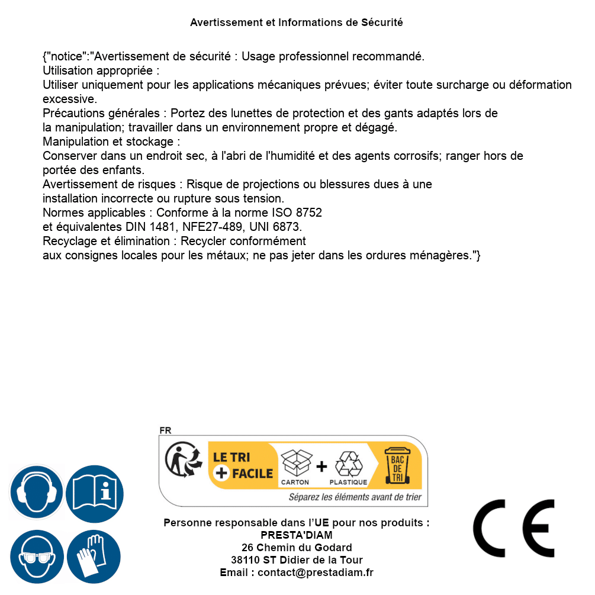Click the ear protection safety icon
[36, 493]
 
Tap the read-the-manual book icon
[95, 493]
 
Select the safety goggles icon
[36, 557]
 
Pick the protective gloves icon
[95, 557]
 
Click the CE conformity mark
[514, 528]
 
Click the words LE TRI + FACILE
[242, 465]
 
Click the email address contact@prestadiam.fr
[316, 573]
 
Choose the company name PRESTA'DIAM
[297, 535]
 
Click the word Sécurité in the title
[382, 22]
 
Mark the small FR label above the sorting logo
[166, 430]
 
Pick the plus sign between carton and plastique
[321, 466]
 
